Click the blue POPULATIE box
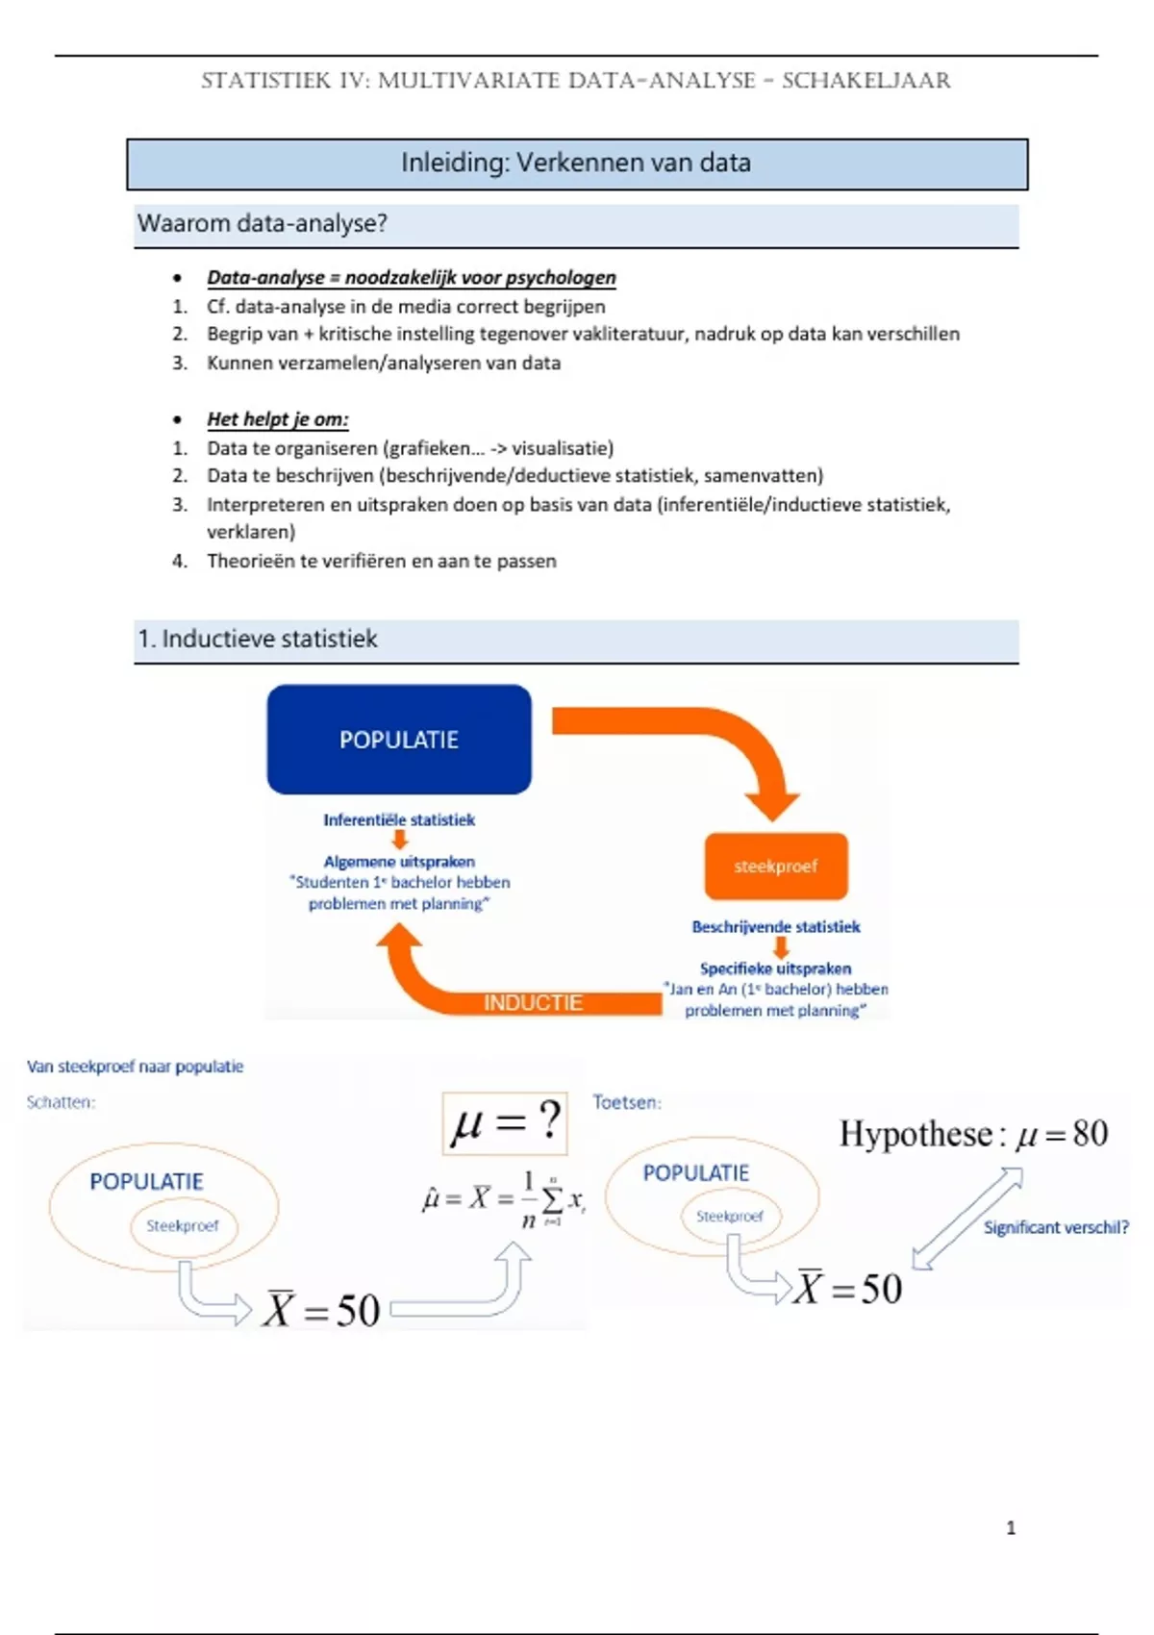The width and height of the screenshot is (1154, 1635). tap(399, 739)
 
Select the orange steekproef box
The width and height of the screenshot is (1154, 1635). tap(776, 866)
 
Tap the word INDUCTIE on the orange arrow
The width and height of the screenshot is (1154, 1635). tap(533, 1002)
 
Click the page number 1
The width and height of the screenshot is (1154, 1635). tap(1011, 1527)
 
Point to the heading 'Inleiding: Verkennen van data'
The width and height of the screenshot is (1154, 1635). tap(576, 163)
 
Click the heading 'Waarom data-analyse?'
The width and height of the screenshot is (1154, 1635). tap(263, 223)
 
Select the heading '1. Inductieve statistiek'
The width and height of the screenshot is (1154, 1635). tap(258, 639)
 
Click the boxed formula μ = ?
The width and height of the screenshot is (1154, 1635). tap(505, 1122)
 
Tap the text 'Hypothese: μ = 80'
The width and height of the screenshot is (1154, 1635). tap(973, 1134)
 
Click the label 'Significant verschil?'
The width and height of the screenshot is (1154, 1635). tap(1056, 1227)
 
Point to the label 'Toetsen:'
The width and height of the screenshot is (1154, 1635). tap(627, 1102)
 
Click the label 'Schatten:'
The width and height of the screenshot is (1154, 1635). tap(61, 1102)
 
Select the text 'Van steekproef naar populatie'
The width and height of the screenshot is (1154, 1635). tap(135, 1066)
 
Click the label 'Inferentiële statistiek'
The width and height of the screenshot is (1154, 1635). tap(399, 819)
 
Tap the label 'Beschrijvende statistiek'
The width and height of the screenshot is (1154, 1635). tap(776, 926)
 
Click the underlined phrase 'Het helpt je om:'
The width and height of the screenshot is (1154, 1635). tap(278, 419)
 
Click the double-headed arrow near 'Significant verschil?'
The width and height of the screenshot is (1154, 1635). tap(966, 1219)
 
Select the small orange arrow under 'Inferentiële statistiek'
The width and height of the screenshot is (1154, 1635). tap(399, 840)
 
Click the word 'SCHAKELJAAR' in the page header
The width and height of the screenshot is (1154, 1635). tap(865, 81)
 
